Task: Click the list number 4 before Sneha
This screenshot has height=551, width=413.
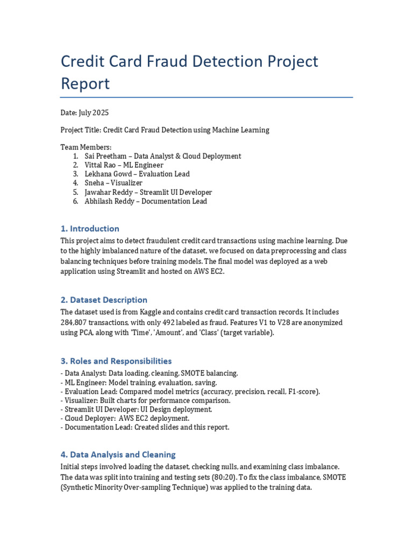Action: [75, 183]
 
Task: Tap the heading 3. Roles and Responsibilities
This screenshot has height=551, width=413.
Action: [116, 361]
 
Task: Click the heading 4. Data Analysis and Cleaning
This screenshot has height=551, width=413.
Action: [118, 455]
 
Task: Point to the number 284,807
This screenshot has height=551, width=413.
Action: [76, 323]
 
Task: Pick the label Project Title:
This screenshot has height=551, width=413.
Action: [80, 130]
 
